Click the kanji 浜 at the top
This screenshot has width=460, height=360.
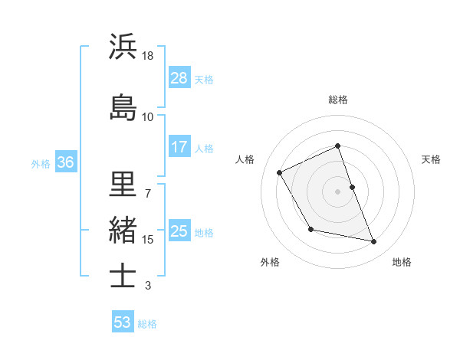tap(123, 47)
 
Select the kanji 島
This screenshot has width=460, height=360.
tap(123, 107)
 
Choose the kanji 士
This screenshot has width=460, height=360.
tap(123, 276)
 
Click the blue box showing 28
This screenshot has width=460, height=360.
tap(179, 78)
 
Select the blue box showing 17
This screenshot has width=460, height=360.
tap(179, 147)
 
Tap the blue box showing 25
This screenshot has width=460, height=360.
tap(179, 232)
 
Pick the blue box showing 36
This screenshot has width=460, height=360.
tap(65, 162)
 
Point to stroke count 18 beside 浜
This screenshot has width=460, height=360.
tap(148, 56)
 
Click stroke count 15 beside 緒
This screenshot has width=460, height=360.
tap(148, 240)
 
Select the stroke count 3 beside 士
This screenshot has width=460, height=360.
tap(148, 286)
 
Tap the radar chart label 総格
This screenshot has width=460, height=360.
tap(338, 100)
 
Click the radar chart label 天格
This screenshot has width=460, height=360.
tap(431, 159)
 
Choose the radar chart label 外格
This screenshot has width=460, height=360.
tap(270, 262)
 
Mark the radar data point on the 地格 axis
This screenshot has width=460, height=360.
tap(374, 242)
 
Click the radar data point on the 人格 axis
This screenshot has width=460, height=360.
tap(280, 172)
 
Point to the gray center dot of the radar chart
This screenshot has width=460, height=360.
tap(338, 191)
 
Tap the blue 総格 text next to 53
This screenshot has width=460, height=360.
tap(147, 324)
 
